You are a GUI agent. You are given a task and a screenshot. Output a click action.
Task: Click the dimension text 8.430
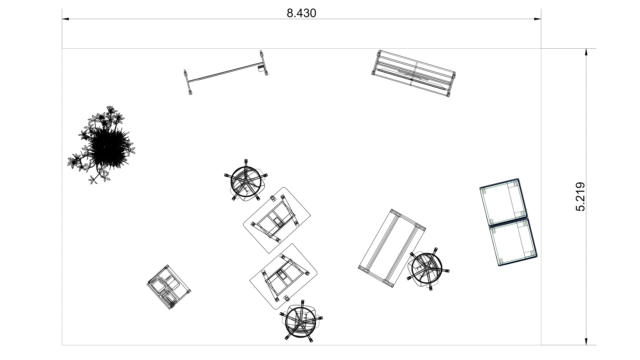[x=301, y=13]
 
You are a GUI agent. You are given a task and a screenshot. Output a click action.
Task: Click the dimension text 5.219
[x=580, y=197]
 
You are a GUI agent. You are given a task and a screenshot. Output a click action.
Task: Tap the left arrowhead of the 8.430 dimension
[x=65, y=19]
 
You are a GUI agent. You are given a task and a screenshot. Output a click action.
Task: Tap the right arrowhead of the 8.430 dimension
[x=537, y=19]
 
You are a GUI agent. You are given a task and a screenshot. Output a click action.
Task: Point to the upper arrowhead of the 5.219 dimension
[x=586, y=52]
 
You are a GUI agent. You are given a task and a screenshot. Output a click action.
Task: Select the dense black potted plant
[x=102, y=145]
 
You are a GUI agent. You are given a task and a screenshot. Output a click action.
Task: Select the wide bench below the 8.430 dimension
[x=413, y=74]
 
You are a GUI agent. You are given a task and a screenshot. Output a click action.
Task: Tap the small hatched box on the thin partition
[x=260, y=68]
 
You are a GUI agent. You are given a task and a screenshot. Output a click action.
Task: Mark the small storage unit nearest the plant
[x=169, y=287]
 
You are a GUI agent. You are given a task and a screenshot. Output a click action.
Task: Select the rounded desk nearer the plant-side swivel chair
[x=277, y=220]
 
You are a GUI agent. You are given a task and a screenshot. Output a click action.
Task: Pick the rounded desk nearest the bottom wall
[x=283, y=276]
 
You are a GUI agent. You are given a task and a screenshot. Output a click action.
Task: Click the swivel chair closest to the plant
[x=246, y=180]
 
